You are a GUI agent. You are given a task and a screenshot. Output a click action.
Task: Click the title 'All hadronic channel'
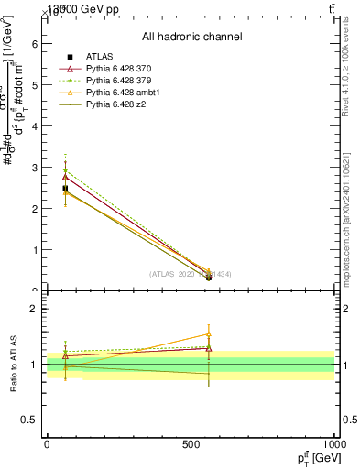(191, 37)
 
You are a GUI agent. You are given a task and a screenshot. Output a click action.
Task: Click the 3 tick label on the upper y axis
(34, 168)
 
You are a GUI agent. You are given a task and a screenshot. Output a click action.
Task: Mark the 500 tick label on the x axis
(191, 444)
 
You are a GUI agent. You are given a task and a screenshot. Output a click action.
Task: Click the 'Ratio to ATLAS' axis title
(16, 365)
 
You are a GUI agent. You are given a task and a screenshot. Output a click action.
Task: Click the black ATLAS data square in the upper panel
(65, 188)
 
